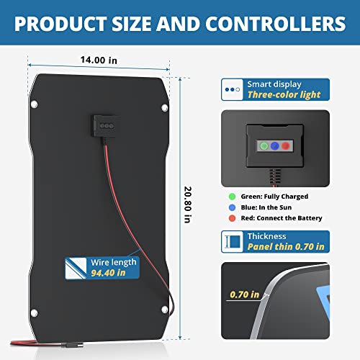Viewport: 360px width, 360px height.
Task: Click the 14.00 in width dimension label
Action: coord(99,60)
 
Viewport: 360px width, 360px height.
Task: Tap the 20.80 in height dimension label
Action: coord(188,204)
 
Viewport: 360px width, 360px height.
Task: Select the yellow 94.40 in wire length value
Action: coord(108,273)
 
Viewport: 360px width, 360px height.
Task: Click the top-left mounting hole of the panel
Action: coord(34,104)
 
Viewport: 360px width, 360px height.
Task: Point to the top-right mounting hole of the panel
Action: coord(165,108)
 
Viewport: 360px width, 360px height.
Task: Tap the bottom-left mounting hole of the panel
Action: coord(34,312)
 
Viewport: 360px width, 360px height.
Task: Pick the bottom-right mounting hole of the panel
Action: coord(165,310)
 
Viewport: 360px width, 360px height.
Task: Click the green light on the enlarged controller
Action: coord(264,145)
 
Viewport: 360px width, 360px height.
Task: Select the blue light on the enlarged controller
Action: coord(275,145)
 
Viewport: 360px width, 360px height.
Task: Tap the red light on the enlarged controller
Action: coord(286,145)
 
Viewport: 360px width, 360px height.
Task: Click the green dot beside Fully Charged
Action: coord(232,197)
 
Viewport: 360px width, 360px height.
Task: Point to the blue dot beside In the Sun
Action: coord(232,207)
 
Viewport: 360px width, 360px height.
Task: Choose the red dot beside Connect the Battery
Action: coord(232,218)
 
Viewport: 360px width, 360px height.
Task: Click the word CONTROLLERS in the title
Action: coord(275,24)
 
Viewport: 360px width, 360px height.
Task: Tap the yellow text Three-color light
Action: coord(284,95)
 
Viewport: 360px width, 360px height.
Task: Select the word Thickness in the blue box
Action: coord(266,236)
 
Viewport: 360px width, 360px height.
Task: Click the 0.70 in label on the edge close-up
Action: coord(245,294)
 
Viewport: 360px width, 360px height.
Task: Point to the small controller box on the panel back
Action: coord(107,126)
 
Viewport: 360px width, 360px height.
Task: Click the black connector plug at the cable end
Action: coord(72,345)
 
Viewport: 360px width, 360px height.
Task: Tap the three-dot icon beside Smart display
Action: coord(233,89)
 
